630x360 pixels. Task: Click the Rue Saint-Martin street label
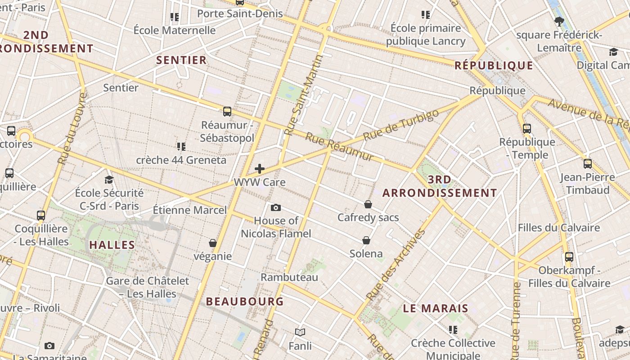click(304, 95)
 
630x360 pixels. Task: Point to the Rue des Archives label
click(396, 265)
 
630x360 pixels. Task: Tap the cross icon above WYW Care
click(260, 169)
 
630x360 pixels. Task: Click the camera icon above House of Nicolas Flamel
click(276, 207)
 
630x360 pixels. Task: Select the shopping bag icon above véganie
click(213, 243)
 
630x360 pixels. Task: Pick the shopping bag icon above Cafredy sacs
click(368, 204)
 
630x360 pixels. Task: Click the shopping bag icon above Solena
click(366, 240)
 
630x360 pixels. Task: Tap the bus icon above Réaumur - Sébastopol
click(227, 112)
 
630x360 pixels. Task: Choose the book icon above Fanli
click(300, 332)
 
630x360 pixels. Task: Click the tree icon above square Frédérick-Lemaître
click(559, 21)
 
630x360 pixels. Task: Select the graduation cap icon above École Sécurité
click(109, 180)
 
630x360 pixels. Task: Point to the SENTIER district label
click(181, 60)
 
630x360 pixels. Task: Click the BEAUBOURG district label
click(245, 301)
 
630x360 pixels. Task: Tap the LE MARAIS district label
click(435, 308)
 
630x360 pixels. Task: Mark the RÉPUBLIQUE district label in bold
click(494, 66)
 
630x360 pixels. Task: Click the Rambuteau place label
click(289, 277)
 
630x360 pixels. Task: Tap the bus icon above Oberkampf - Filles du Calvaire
click(569, 257)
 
